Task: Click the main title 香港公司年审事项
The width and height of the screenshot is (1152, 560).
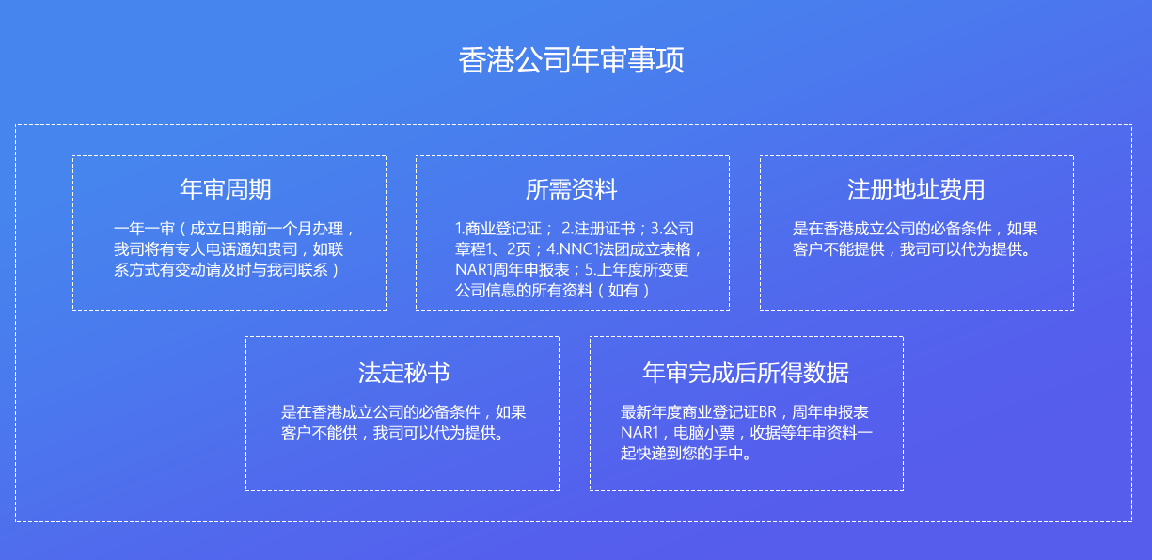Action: tap(571, 59)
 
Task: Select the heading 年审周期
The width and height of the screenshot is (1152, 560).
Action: tap(226, 189)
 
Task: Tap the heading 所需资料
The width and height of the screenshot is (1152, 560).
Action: tap(572, 189)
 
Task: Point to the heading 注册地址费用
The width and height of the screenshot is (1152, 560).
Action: tap(916, 189)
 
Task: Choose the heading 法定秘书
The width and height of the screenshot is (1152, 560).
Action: tap(403, 372)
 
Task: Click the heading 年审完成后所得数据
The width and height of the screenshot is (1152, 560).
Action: tap(746, 372)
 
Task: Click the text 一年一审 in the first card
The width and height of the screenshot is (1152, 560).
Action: tap(144, 229)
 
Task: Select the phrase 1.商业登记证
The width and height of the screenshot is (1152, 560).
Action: tap(498, 229)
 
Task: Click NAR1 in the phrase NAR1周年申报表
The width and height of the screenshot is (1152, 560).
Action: tap(474, 270)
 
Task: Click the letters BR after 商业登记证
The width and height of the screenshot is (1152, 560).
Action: tap(767, 412)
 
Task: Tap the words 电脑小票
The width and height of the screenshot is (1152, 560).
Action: tap(704, 432)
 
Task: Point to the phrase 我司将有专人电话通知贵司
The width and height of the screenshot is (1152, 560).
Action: tap(206, 249)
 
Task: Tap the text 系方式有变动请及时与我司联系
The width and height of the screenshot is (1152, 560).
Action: tap(221, 270)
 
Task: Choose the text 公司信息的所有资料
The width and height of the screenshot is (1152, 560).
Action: tap(524, 290)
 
